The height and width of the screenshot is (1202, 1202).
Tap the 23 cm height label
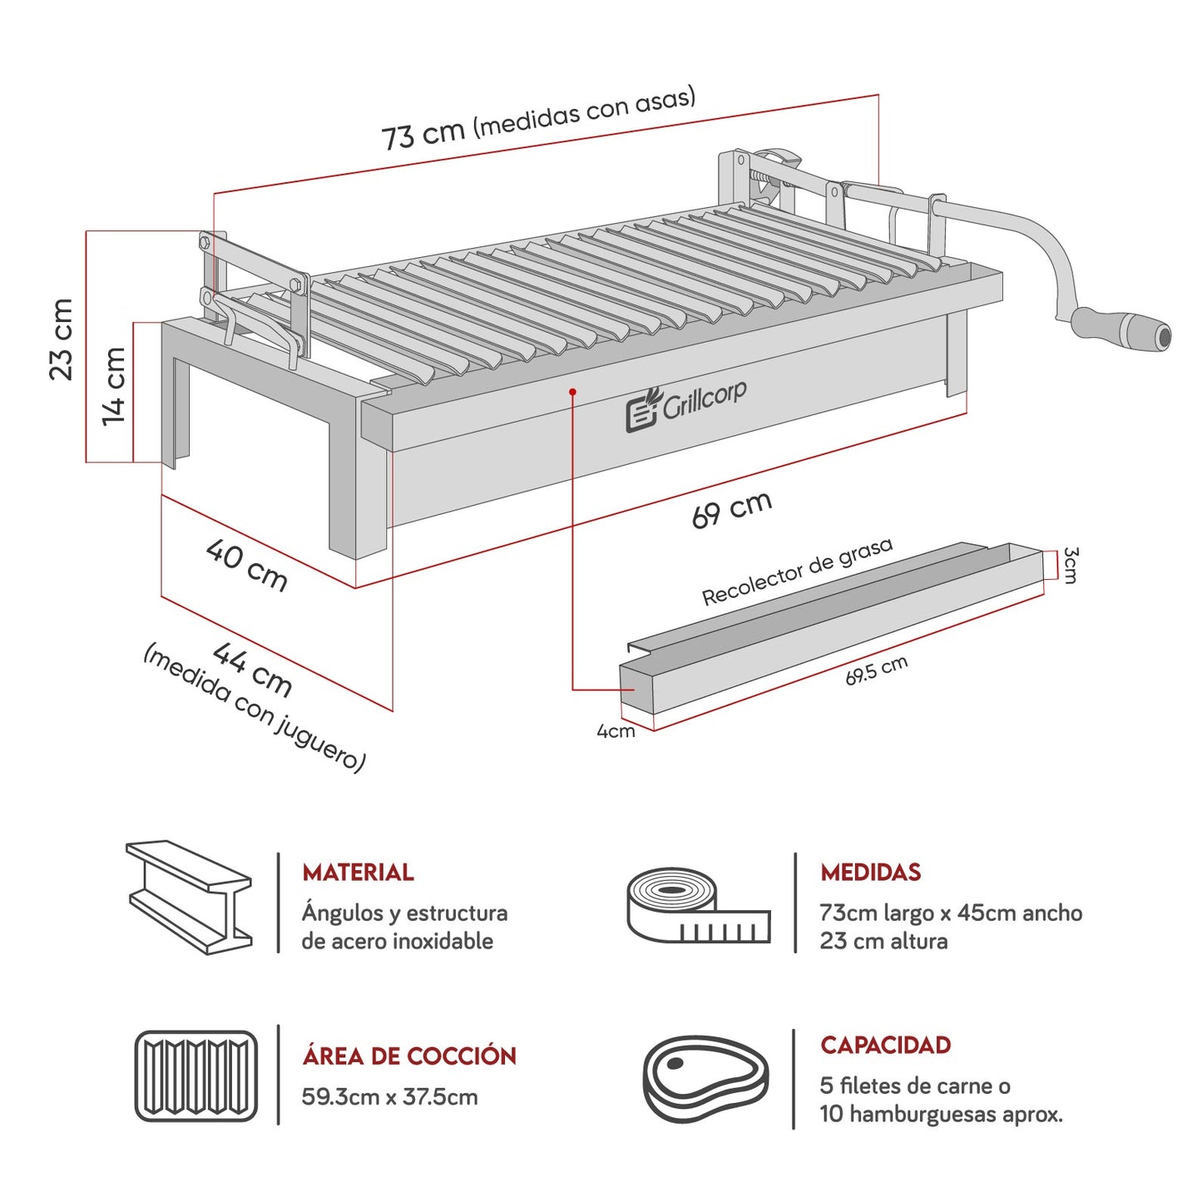coord(62,339)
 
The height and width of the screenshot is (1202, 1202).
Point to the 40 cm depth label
coord(247,565)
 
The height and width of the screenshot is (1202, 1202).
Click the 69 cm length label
coord(732,508)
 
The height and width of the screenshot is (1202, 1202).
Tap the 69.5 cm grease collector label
coord(876,670)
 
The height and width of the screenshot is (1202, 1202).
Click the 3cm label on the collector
coord(1071,565)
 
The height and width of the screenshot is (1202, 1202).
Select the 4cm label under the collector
coord(616,731)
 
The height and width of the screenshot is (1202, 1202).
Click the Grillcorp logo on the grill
coord(686,405)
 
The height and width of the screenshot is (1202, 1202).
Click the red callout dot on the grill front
coord(572,391)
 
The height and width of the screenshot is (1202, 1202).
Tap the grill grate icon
coord(196,1076)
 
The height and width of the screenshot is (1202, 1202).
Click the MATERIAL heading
coord(358,873)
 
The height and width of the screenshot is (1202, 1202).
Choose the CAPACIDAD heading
coord(885,1046)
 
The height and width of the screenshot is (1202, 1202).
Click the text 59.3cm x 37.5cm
coord(389,1097)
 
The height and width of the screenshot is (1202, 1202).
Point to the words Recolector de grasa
coord(797,571)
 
